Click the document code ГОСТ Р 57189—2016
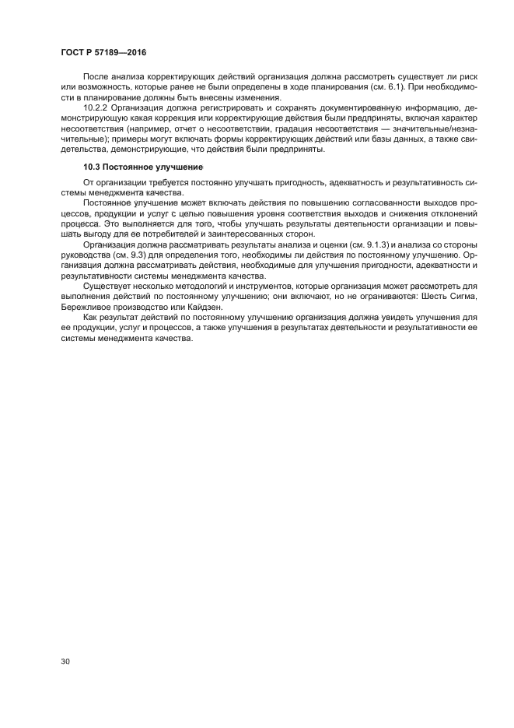click(x=103, y=52)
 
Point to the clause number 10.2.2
click(x=95, y=108)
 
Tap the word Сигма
click(x=462, y=297)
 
